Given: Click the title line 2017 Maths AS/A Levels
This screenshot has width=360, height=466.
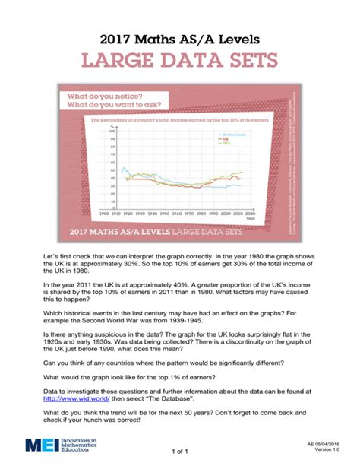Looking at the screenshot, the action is point(180,36).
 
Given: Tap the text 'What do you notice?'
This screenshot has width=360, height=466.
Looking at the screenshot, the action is point(105,98).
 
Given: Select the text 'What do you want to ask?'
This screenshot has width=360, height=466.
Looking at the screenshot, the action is point(114,108).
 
